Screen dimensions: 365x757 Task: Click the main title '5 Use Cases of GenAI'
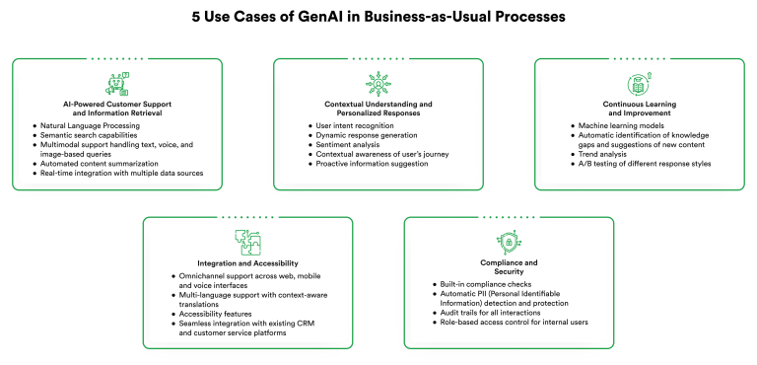click(378, 17)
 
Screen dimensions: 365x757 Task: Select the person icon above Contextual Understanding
click(378, 84)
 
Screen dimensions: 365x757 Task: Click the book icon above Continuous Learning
click(639, 84)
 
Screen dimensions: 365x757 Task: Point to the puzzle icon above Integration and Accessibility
click(247, 241)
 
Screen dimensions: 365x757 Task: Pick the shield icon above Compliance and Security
click(509, 241)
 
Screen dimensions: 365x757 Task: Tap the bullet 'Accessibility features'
click(214, 314)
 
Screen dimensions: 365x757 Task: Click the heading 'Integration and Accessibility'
click(247, 264)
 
